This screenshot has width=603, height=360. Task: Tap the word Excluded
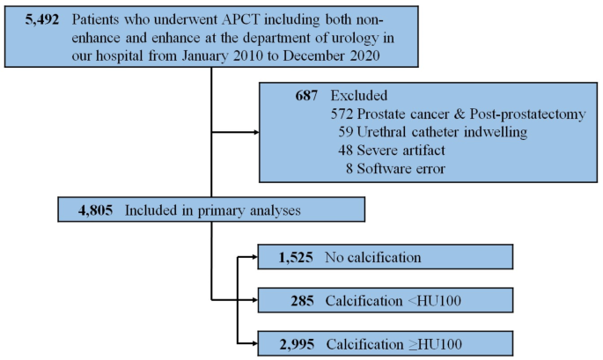360,95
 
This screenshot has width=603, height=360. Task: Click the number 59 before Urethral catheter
346,132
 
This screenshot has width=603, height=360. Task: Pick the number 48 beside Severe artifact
346,150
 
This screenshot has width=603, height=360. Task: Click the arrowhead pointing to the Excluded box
256,133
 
